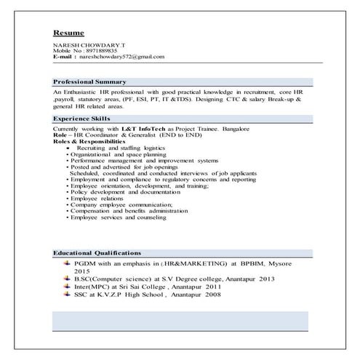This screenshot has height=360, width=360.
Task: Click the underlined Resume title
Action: [68, 33]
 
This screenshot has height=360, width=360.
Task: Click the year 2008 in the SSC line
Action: [212, 295]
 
